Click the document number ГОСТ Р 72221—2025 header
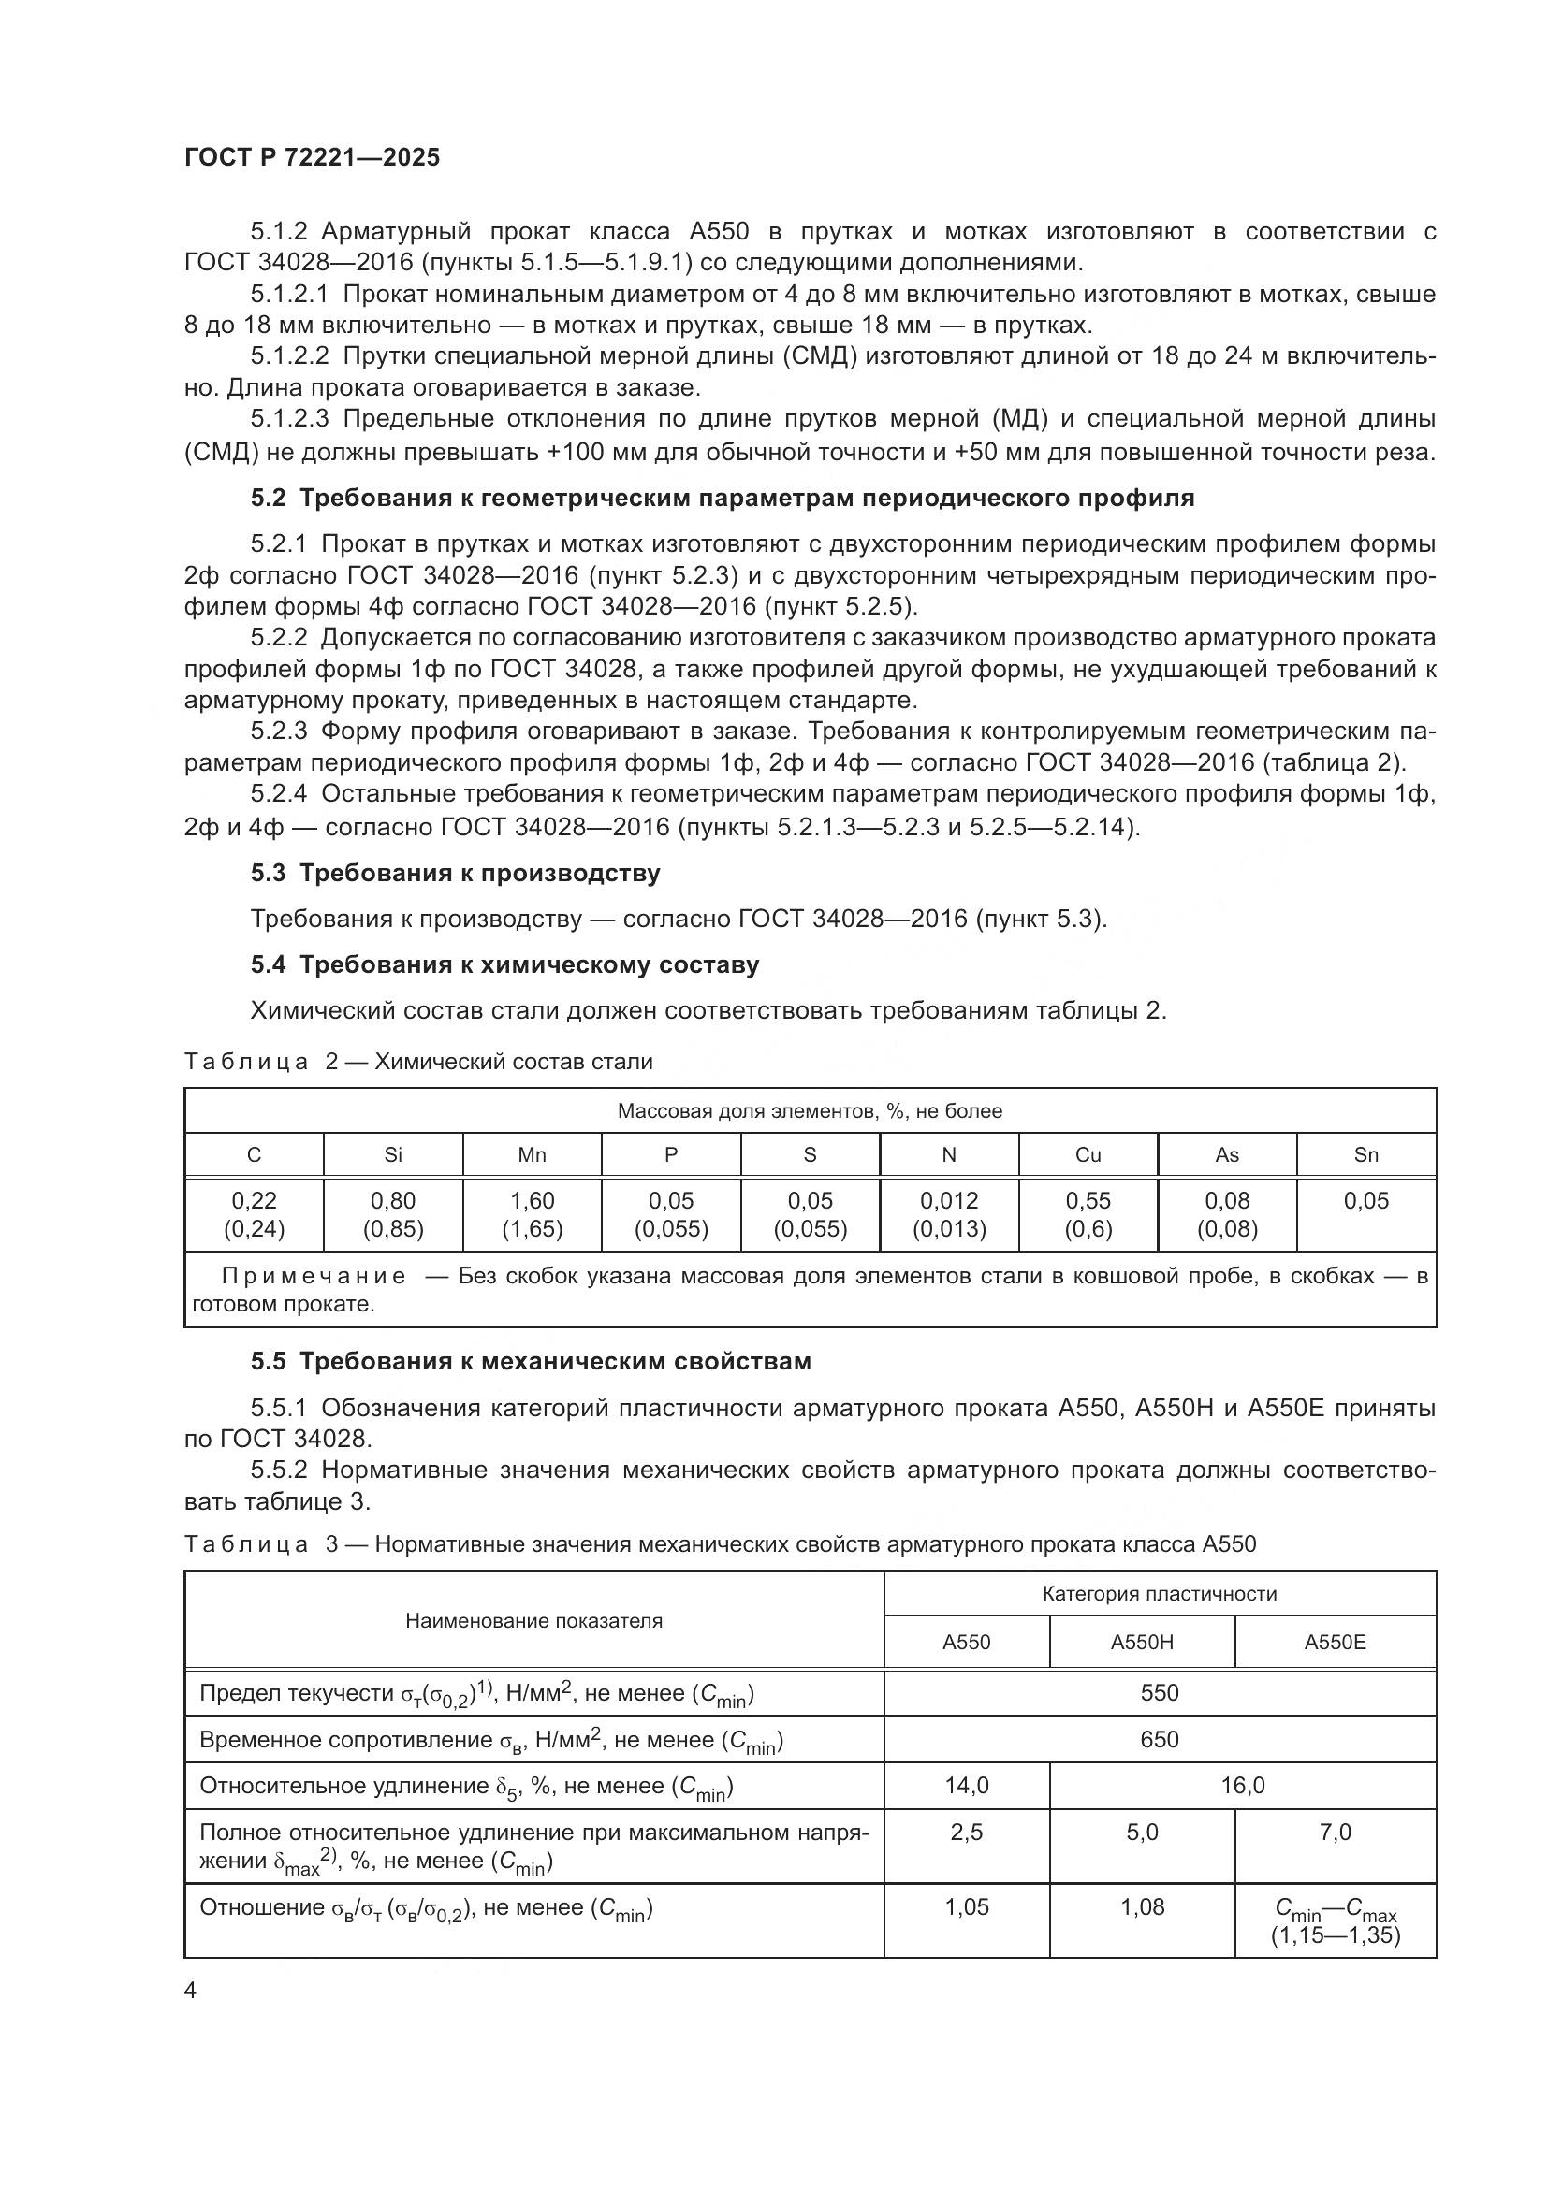click(312, 157)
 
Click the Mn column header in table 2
click(532, 1155)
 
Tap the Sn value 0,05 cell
click(1365, 1201)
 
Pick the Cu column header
click(1088, 1155)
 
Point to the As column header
click(1227, 1155)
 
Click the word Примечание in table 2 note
click(314, 1276)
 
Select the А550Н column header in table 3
click(1141, 1642)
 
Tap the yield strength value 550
click(1159, 1692)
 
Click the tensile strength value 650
click(1159, 1739)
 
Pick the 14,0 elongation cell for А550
click(967, 1785)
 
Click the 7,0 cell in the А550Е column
click(1335, 1832)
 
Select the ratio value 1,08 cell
click(1142, 1906)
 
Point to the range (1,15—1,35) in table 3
click(1335, 1935)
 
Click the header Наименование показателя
click(533, 1620)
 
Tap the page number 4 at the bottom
click(191, 1991)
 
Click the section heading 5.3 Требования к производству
click(456, 873)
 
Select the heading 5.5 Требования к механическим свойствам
click(531, 1361)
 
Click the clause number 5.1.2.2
click(290, 356)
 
